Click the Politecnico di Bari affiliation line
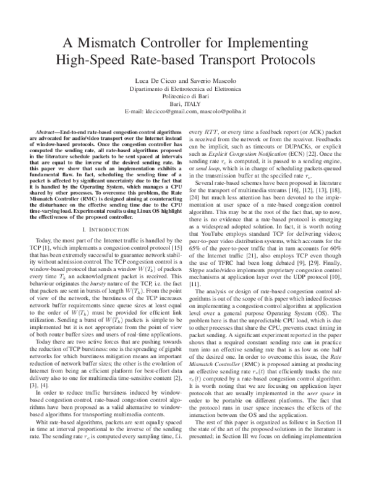[185, 97]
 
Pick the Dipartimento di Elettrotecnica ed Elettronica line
[185, 90]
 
